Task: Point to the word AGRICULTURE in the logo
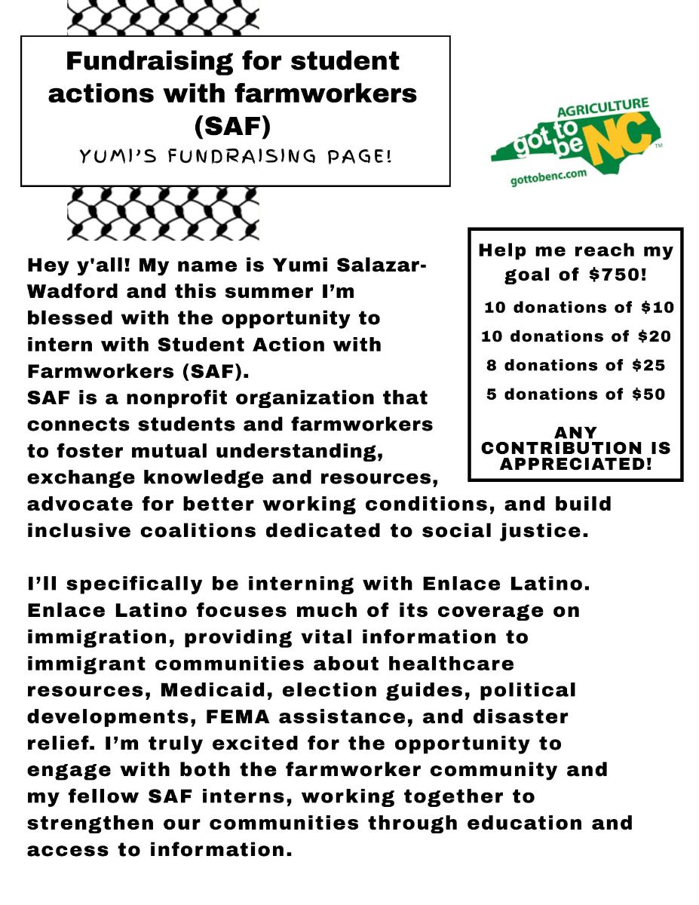(602, 106)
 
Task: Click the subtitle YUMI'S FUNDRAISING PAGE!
(235, 156)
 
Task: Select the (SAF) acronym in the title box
(232, 126)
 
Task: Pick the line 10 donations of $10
(578, 308)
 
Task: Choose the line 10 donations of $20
(576, 336)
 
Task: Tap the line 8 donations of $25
(576, 366)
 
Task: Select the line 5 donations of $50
(576, 394)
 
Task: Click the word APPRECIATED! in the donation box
(576, 464)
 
